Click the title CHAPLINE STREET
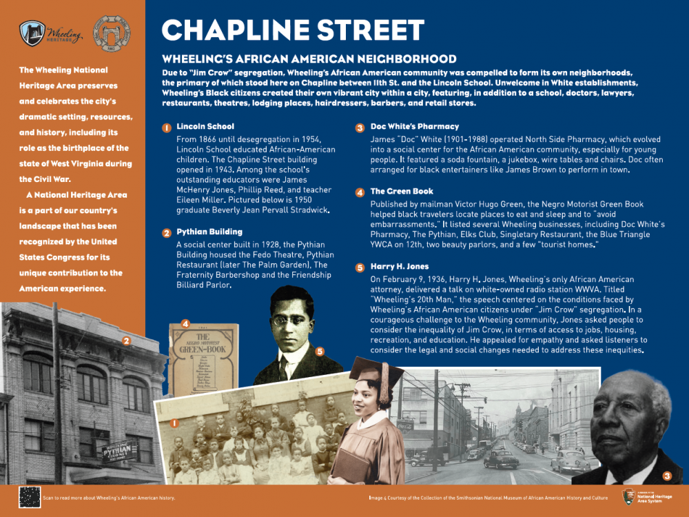pyautogui.click(x=292, y=30)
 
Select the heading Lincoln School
pyautogui.click(x=205, y=127)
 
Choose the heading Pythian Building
pyautogui.click(x=209, y=232)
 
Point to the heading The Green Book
pyautogui.click(x=402, y=192)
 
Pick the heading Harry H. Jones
pyautogui.click(x=399, y=267)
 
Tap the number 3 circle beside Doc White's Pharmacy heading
pyautogui.click(x=360, y=128)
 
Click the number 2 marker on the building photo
pyautogui.click(x=125, y=340)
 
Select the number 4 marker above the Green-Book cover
pyautogui.click(x=185, y=323)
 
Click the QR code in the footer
pyautogui.click(x=29, y=496)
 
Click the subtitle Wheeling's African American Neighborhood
pyautogui.click(x=309, y=59)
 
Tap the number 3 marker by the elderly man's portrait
pyautogui.click(x=666, y=476)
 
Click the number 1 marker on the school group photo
pyautogui.click(x=175, y=423)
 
